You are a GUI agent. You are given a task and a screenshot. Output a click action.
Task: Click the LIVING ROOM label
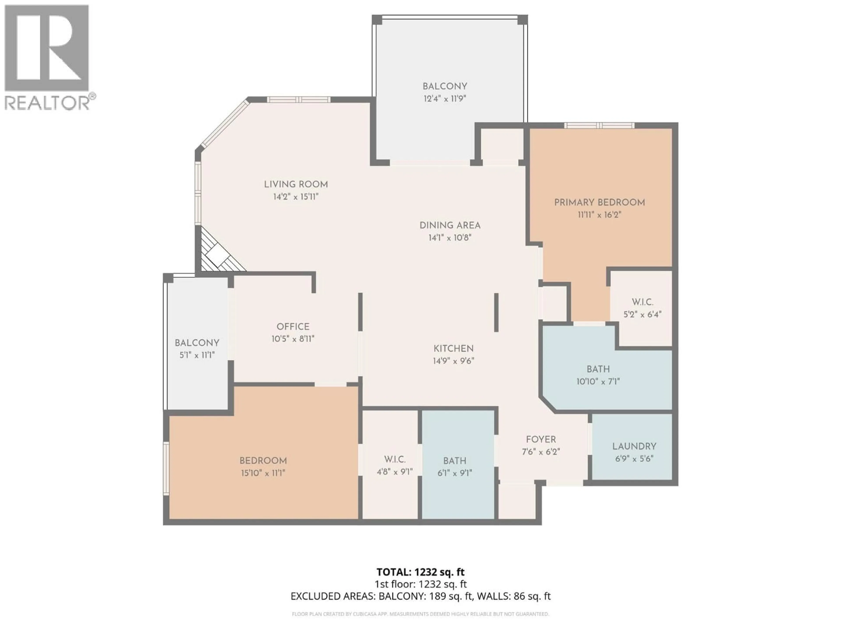coord(296,184)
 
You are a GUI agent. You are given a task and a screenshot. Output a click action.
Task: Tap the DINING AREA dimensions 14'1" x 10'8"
coord(450,238)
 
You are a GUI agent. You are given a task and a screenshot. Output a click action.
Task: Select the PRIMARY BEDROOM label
coord(599,202)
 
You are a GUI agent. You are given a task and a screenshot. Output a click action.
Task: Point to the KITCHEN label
coord(453,348)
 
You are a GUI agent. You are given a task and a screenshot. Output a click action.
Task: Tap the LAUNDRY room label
coord(634,446)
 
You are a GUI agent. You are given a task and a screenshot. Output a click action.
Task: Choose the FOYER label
coord(541,439)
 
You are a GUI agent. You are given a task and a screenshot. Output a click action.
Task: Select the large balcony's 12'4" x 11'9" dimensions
coord(444,99)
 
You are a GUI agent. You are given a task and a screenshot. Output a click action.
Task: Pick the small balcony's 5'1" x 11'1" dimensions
coord(197,355)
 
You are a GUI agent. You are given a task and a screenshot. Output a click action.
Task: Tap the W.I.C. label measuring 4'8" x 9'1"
coord(395,459)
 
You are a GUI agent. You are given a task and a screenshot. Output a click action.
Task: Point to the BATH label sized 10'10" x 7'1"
coord(598,369)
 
